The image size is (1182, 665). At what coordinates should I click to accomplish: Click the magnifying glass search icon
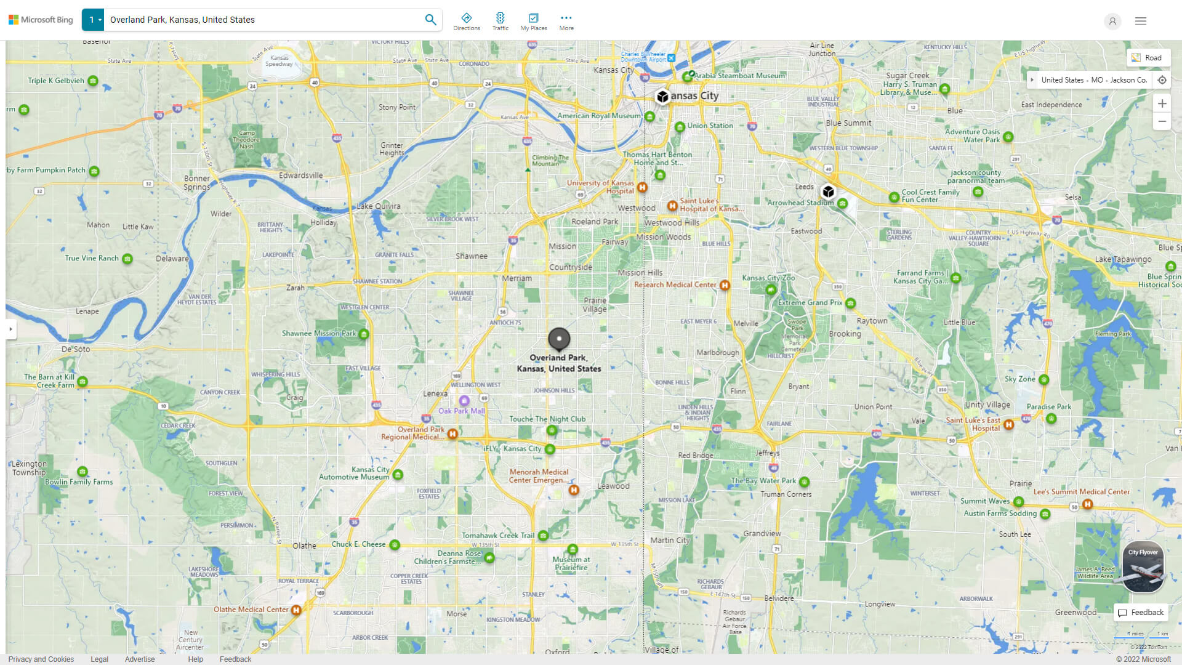click(430, 20)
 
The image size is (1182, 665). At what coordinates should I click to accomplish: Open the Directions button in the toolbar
click(467, 22)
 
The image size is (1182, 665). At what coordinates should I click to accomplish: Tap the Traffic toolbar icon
click(500, 22)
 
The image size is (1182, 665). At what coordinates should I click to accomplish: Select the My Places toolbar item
click(533, 22)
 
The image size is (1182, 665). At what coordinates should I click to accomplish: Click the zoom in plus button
click(1162, 103)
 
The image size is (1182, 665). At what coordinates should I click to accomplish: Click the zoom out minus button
click(1162, 121)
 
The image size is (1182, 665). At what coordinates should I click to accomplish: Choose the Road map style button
click(1148, 58)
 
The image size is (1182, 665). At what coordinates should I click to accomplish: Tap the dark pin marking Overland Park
click(559, 338)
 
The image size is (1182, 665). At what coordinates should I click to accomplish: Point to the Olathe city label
click(304, 546)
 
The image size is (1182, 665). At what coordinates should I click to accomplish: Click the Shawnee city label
click(472, 256)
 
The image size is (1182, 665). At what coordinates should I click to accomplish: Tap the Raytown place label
click(872, 321)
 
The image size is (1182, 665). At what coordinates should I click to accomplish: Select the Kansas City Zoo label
click(768, 278)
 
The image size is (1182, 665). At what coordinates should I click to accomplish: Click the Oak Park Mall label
click(462, 411)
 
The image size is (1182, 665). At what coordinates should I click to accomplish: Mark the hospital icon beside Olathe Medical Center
click(296, 610)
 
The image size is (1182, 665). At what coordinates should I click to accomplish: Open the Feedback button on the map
click(1141, 613)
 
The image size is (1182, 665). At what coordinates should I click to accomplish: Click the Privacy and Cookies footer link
click(41, 659)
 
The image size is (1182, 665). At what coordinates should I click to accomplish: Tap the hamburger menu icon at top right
click(1141, 21)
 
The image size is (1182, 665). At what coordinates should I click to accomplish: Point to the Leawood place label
click(613, 486)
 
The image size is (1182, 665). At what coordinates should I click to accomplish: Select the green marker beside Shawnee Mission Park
click(364, 334)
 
